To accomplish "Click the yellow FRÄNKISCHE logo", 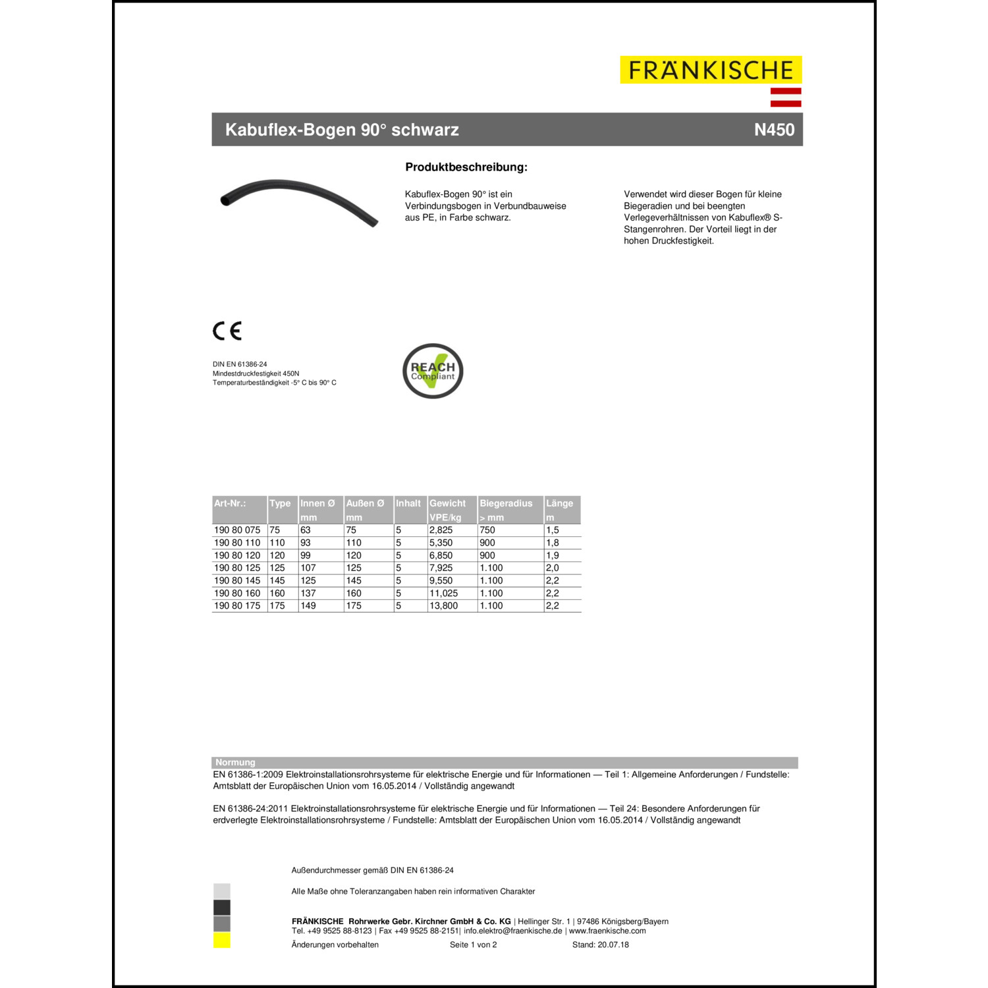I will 711,70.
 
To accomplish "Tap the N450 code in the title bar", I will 774,130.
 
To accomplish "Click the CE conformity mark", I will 227,331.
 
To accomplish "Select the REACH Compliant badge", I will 433,371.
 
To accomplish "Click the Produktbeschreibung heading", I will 466,167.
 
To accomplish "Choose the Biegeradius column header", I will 506,503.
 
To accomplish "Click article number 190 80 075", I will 237,530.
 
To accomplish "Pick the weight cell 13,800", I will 443,606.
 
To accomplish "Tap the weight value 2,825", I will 441,530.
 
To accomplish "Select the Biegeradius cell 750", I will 487,530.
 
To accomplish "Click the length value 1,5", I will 552,530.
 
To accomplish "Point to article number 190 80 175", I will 237,606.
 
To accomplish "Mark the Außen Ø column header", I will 365,503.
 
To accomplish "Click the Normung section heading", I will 235,763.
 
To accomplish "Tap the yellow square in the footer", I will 222,941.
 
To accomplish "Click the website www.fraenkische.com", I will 607,931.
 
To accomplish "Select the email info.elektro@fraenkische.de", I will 513,931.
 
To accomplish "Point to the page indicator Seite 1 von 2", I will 474,945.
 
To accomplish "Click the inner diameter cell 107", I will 308,568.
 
